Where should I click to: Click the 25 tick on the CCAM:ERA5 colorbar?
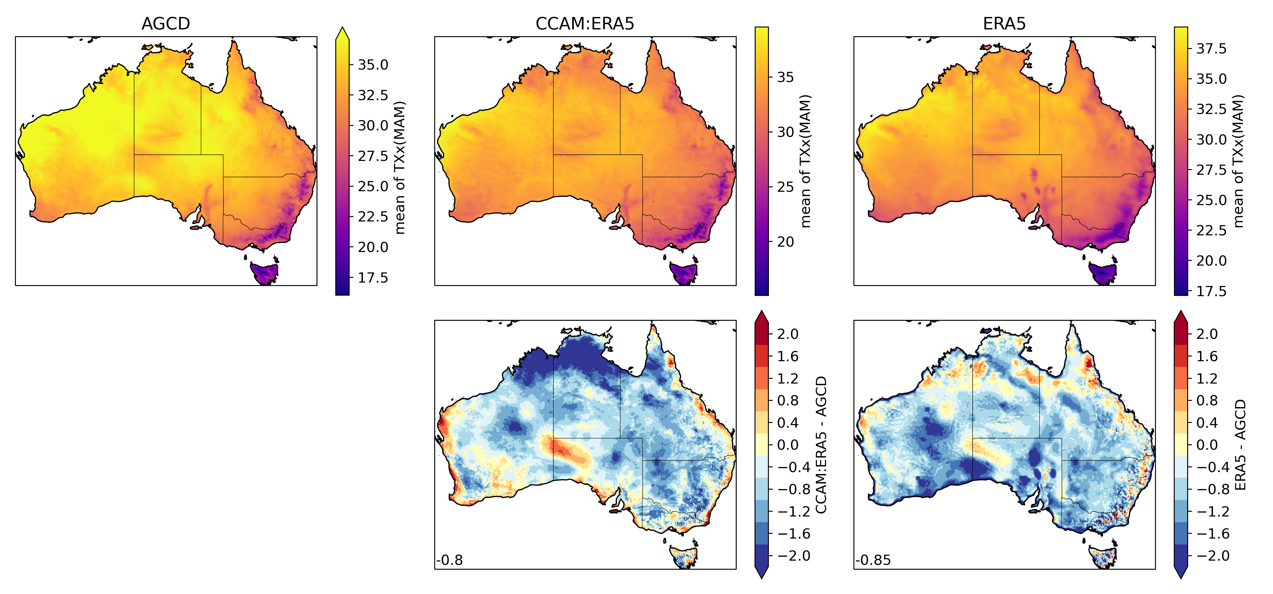coord(785,187)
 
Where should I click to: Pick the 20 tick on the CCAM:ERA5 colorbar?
coord(785,242)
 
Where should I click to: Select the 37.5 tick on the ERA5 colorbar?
coord(1211,48)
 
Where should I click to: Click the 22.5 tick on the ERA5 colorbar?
coord(1211,230)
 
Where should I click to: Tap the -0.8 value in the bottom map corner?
coord(450,560)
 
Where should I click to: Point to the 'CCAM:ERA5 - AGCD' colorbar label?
coord(821,444)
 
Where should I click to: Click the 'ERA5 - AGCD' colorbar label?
coord(1240,444)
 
